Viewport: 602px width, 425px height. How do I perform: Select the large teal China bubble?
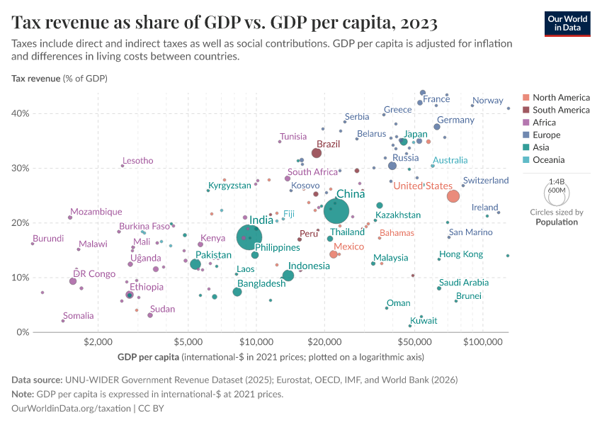point(336,210)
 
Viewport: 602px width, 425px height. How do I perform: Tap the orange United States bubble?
point(453,196)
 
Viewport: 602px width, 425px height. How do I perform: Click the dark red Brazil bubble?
point(317,153)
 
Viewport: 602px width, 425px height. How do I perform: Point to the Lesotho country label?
point(137,161)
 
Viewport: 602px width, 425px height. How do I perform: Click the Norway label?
point(487,101)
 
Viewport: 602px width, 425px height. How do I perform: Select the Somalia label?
point(78,316)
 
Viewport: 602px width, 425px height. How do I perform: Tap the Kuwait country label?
point(424,321)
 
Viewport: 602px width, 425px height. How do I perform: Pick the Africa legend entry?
point(545,123)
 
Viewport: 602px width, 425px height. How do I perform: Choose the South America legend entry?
point(560,110)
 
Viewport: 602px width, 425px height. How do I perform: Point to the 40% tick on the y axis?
point(19,113)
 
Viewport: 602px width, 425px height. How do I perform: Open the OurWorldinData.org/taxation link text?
point(72,409)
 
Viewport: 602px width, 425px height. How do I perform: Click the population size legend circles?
point(556,192)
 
